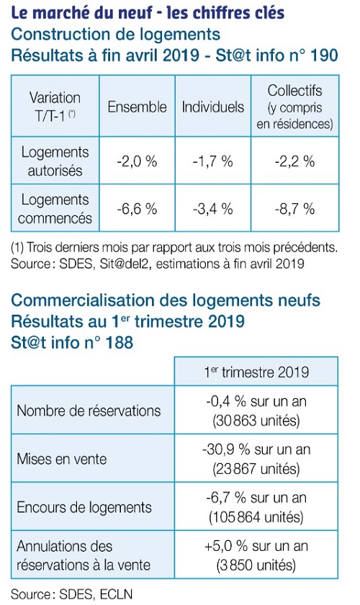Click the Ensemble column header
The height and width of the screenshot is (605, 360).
[137, 107]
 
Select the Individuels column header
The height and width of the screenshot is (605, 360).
[213, 107]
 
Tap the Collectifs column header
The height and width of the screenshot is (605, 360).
[294, 107]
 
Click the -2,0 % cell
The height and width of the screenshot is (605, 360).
[137, 161]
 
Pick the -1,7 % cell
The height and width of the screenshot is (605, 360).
[213, 161]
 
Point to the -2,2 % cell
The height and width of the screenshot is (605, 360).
[294, 161]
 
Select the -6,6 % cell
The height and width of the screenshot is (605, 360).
[137, 209]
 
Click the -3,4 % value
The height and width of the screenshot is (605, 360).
[213, 209]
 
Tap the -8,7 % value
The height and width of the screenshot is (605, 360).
[294, 209]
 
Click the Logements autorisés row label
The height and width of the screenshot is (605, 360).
[55, 161]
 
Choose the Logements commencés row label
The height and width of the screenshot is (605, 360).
[55, 209]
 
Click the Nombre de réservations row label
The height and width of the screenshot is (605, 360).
[89, 411]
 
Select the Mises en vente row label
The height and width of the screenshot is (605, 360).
[62, 459]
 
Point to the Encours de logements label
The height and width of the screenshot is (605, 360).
[84, 507]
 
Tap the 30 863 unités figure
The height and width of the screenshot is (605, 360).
[256, 420]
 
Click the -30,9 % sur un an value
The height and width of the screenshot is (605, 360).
[256, 449]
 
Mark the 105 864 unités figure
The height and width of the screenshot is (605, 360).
[256, 516]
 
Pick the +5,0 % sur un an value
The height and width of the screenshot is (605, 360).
[256, 546]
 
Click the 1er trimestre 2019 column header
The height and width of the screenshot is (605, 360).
[256, 372]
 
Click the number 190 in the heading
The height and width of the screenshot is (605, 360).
[324, 55]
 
